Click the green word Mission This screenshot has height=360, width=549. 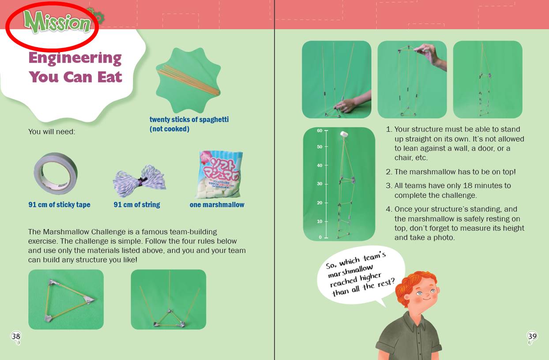tap(57, 22)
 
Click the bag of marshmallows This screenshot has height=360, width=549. tap(219, 175)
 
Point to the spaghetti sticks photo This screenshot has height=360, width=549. tap(188, 80)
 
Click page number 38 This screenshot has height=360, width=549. tap(16, 336)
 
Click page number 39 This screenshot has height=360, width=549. tap(532, 336)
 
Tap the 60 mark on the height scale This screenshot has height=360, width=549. tap(320, 131)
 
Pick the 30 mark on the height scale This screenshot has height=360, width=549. tap(320, 184)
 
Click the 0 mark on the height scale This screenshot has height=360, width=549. tap(320, 237)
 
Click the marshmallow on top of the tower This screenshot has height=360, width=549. tap(344, 134)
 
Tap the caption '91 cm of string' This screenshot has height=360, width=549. tap(137, 205)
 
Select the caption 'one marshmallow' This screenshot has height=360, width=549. tap(217, 205)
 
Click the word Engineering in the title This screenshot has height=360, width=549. tap(75, 59)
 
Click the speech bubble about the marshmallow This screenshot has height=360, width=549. tap(361, 276)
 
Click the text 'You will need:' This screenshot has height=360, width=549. tap(52, 131)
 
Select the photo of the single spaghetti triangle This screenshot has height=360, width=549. tap(66, 300)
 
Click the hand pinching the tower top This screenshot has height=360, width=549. tap(431, 56)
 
